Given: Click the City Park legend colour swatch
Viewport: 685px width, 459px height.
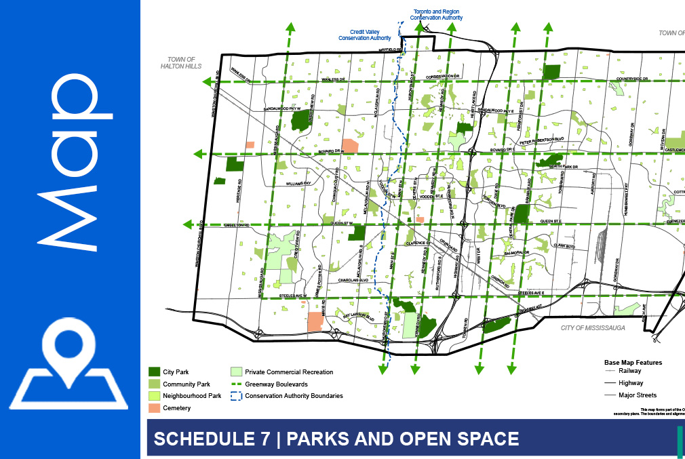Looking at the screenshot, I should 155,372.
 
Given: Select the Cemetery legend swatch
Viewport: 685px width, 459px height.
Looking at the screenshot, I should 155,408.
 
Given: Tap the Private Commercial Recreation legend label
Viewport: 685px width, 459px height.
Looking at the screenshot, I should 290,372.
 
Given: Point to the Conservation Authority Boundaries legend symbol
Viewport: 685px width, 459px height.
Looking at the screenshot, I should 236,396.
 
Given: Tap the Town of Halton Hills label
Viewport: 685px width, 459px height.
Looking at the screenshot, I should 178,63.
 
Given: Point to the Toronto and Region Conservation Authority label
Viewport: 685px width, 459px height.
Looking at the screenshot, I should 438,15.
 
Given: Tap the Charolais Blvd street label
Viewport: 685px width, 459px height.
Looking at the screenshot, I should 353,279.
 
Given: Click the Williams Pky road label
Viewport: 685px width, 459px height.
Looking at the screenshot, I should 298,183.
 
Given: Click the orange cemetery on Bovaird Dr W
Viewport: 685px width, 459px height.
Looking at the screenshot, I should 350,146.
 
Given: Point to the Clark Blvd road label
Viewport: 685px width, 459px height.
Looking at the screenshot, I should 564,246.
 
